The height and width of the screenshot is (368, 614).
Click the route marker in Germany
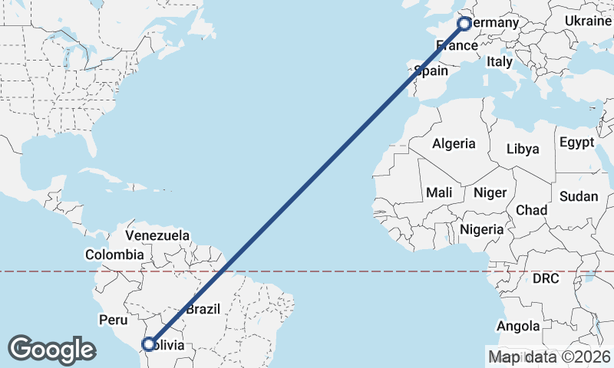[464, 24]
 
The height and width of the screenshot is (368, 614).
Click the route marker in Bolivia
[149, 344]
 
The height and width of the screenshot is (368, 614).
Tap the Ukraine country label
[588, 21]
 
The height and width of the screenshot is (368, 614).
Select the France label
[457, 46]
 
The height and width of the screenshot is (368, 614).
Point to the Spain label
[431, 71]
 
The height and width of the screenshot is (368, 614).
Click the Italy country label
[500, 61]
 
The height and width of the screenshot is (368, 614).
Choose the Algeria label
[454, 143]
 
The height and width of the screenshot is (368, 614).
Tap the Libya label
[523, 149]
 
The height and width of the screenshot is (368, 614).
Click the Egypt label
[576, 143]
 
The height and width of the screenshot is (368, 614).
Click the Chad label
[532, 209]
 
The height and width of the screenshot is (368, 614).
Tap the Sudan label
[578, 196]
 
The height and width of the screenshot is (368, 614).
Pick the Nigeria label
[482, 228]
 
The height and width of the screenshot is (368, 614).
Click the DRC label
[546, 278]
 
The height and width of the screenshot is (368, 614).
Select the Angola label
[518, 327]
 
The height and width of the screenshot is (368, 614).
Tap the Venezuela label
[157, 235]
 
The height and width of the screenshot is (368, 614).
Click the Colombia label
[114, 255]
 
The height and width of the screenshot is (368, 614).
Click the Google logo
[51, 349]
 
